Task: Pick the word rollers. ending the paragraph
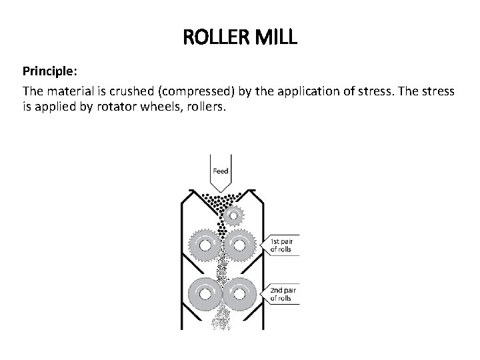[207, 106]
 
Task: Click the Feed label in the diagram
[220, 171]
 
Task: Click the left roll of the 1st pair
[204, 246]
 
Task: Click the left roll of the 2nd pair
[204, 293]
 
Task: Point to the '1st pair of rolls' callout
[285, 245]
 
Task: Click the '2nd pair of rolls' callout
[285, 294]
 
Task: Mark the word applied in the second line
[53, 106]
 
